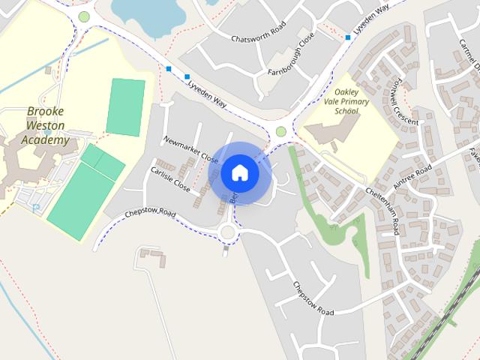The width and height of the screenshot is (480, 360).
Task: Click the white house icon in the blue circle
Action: [x=240, y=172]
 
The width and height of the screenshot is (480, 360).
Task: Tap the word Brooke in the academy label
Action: [x=46, y=112]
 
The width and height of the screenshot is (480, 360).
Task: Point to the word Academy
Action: [x=46, y=139]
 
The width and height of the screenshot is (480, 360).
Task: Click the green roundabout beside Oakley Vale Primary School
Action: [x=281, y=132]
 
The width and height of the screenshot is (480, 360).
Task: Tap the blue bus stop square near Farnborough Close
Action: [x=348, y=37]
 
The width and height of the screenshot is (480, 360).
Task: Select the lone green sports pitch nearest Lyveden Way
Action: [x=125, y=107]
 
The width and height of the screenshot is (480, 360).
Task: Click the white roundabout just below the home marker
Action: [x=229, y=232]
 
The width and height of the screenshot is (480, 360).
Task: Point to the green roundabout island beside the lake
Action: [x=84, y=16]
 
